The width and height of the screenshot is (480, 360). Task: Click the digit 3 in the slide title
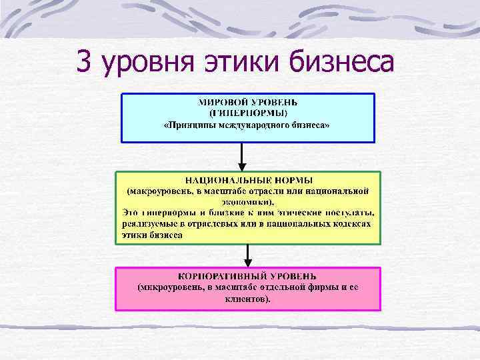84,63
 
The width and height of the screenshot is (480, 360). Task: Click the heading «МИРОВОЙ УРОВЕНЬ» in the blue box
248,103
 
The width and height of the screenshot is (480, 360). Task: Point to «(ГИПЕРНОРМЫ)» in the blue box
248,113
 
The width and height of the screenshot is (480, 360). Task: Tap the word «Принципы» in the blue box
192,125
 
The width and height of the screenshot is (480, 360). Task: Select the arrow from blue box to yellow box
243,157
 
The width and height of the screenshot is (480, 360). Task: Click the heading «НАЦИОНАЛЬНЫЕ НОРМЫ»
248,181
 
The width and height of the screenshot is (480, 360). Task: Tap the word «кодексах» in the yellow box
348,224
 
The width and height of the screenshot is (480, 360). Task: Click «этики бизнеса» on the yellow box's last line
151,235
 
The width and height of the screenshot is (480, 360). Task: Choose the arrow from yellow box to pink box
248,255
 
